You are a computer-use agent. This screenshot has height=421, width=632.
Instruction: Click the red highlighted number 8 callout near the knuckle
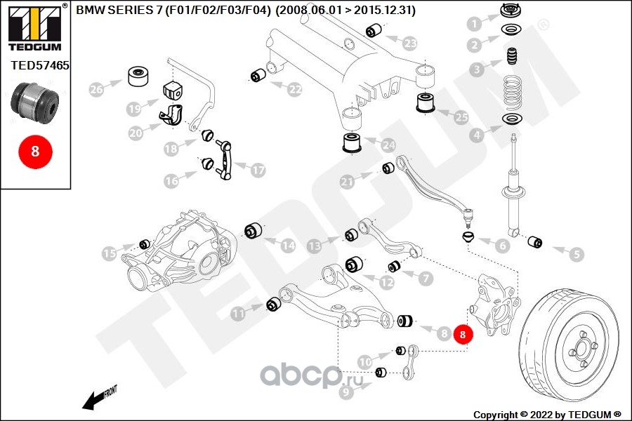pos(463,335)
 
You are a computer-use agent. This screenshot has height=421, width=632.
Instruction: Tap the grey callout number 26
pos(96,89)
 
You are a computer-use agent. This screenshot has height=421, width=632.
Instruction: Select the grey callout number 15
pos(109,253)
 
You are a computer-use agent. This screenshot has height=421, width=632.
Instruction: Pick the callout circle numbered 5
pos(576,255)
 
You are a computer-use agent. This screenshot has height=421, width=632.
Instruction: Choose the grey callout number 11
pos(239,314)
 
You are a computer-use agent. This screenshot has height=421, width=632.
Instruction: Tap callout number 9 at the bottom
pos(345,393)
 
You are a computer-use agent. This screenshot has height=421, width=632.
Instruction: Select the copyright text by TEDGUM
pos(547,414)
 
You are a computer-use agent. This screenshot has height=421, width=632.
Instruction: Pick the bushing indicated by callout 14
pos(253,229)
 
